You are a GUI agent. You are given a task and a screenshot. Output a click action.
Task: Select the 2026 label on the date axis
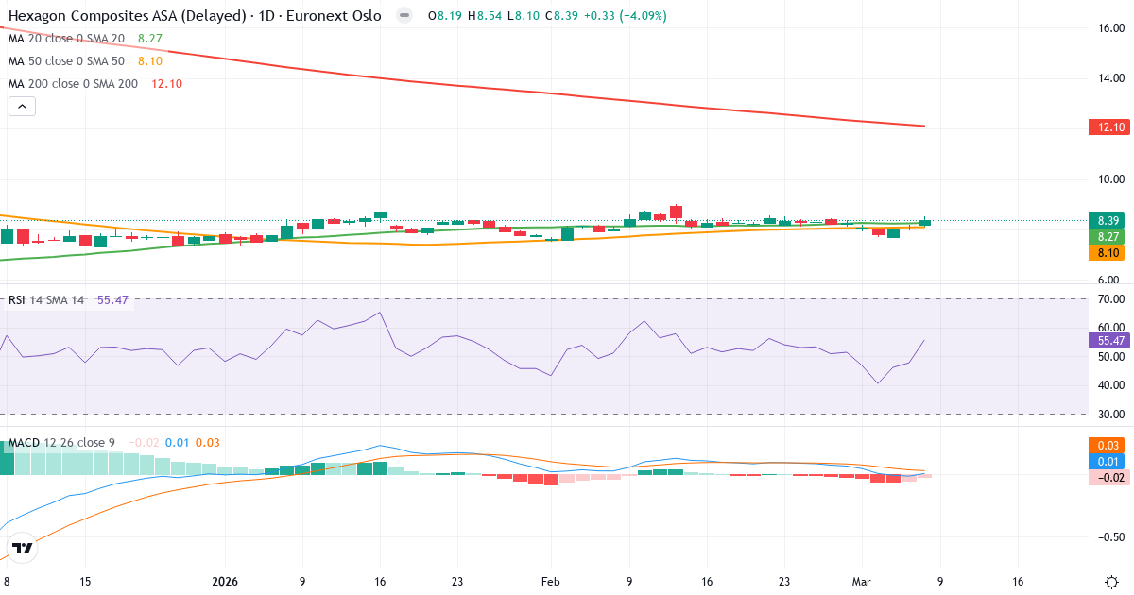coord(225,582)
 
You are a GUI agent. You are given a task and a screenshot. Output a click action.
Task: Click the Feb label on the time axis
coord(551,582)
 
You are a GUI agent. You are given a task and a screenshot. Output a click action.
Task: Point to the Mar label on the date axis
coord(862,582)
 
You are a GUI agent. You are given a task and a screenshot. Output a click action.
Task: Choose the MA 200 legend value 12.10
coord(166,83)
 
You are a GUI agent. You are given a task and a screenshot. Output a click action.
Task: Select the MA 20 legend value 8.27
coord(150,38)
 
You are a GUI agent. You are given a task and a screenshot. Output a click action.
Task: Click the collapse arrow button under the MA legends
coord(22,107)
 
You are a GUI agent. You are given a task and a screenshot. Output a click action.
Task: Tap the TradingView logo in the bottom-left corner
coord(23,548)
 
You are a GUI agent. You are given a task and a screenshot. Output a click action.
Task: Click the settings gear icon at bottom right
coord(1112,582)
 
